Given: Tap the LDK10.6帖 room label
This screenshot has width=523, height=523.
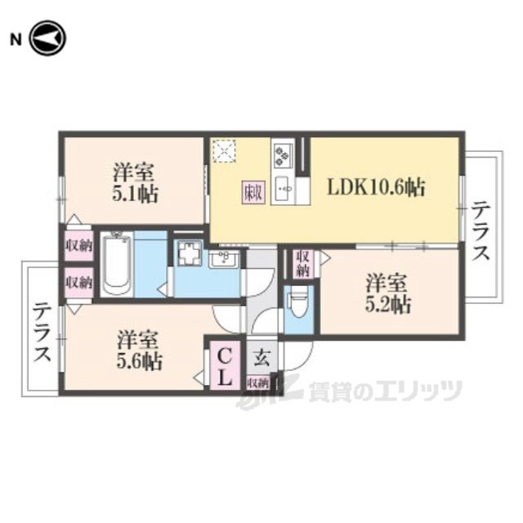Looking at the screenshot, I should coord(376,187).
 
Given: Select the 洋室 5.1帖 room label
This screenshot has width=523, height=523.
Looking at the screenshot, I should coord(136,184).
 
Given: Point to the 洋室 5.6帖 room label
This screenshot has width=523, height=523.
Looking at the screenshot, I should coord(138,349).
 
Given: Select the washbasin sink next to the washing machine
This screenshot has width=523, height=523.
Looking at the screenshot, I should coord(222,259).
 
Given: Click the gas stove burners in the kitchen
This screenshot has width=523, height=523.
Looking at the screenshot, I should coord(284,154).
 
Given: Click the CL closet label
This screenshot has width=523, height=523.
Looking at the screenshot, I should coord(224,367).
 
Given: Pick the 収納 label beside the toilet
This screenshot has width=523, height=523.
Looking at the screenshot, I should coord(303,264).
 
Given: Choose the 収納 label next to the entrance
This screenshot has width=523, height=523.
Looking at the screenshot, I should coord(257,382).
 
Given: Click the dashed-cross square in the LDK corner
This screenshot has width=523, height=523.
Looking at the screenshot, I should coord(224,152).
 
